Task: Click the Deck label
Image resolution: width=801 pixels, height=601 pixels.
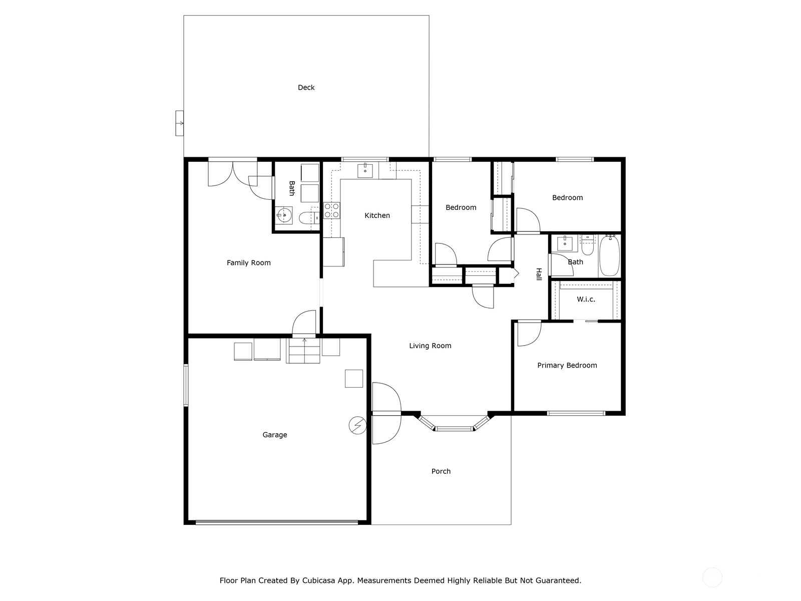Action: click(306, 88)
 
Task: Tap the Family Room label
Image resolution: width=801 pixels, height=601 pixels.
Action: click(248, 263)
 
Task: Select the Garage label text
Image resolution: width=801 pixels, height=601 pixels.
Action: click(274, 435)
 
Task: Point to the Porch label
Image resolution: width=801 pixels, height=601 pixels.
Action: click(441, 471)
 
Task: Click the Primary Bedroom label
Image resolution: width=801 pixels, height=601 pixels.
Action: click(567, 366)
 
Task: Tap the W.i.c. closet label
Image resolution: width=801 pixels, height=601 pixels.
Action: click(586, 299)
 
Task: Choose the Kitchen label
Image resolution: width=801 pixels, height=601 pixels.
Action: click(377, 216)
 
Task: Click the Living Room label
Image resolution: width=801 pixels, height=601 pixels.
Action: click(430, 346)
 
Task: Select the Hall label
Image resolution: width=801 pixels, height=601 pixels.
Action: click(539, 274)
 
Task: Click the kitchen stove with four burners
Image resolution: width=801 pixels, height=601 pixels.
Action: click(332, 210)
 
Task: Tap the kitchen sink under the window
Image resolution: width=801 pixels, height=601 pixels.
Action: click(365, 170)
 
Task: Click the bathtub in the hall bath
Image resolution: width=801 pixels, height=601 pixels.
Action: click(610, 255)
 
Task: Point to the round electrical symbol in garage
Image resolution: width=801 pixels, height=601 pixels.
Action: click(357, 426)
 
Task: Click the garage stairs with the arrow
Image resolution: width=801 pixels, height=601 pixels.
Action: click(304, 351)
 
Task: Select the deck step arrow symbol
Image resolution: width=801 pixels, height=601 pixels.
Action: click(180, 123)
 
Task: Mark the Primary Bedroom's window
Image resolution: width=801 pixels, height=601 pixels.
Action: click(576, 414)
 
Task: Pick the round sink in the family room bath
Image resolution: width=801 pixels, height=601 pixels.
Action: click(283, 215)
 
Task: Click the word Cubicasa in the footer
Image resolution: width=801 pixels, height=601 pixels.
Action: click(318, 580)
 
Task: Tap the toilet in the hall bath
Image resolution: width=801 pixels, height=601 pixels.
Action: click(588, 245)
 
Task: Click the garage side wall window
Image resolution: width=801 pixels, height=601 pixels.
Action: click(186, 385)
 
